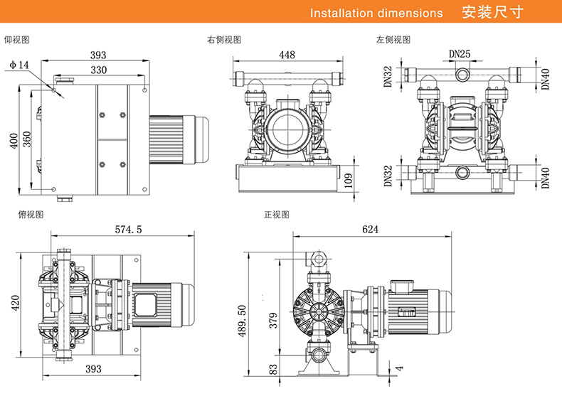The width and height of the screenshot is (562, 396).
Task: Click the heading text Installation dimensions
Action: [376, 13]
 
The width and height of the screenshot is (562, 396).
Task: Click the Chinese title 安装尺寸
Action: [489, 13]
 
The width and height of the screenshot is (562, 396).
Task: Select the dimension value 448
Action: [287, 55]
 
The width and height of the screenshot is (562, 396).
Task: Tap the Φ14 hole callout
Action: [19, 65]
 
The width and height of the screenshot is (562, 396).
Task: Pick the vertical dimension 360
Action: [27, 140]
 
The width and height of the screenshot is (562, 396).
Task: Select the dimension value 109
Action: [349, 179]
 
